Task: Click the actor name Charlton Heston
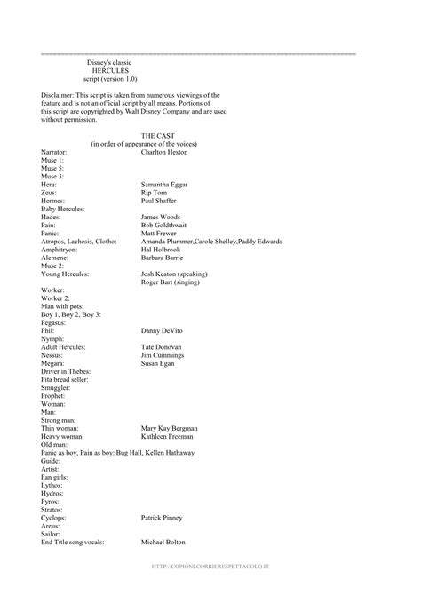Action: tap(168, 152)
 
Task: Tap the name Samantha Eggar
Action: tap(167, 184)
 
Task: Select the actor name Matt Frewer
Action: tap(161, 233)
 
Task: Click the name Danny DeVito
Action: tap(163, 329)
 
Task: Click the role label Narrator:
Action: tap(54, 152)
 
